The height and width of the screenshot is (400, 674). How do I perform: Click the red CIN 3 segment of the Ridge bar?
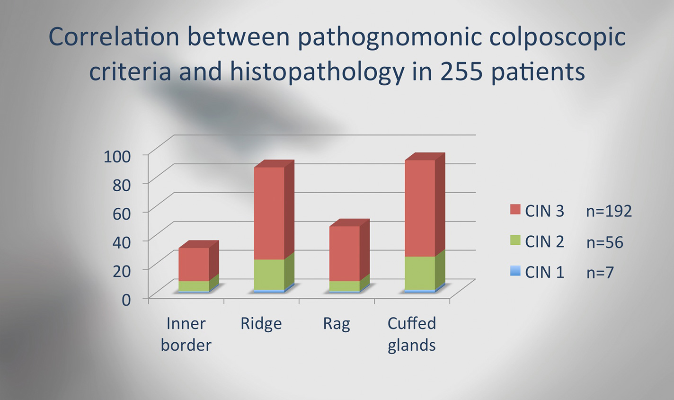[269, 213]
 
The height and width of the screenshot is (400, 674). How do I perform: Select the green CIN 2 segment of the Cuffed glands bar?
[420, 273]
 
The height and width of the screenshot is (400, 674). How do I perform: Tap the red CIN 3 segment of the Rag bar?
[345, 253]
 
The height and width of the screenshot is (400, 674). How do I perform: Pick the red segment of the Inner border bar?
[194, 265]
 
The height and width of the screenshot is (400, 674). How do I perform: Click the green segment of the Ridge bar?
[269, 275]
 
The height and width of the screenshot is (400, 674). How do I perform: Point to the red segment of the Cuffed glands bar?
[420, 208]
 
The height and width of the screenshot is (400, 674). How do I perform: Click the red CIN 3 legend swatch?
[515, 210]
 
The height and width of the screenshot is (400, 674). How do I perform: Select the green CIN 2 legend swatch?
[515, 240]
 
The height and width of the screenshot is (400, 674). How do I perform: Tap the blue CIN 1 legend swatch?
[515, 271]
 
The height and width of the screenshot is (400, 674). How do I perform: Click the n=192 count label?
[609, 211]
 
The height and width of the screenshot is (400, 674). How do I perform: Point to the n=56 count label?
[604, 242]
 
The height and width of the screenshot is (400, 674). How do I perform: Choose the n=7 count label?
[600, 273]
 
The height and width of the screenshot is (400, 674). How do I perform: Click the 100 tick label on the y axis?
[117, 157]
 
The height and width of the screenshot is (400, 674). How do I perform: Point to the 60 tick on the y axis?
[122, 214]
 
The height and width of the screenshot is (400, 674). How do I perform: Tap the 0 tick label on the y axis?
[126, 300]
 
